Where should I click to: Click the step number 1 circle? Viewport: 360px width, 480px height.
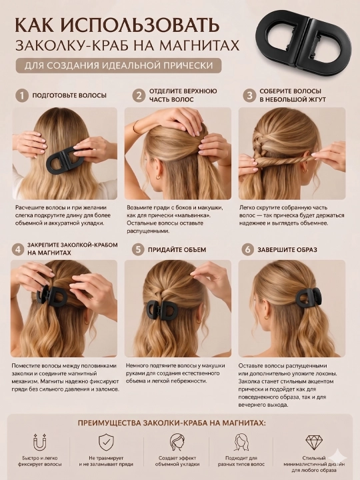click(x=22, y=95)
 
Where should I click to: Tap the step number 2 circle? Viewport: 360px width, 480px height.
click(x=139, y=95)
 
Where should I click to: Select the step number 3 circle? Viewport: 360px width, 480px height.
click(x=249, y=95)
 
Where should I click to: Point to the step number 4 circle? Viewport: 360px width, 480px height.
click(x=18, y=249)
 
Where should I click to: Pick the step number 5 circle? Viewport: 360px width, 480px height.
click(x=138, y=249)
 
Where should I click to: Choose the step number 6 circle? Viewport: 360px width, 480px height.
click(x=247, y=249)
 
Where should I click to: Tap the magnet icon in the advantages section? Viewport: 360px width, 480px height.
click(x=40, y=442)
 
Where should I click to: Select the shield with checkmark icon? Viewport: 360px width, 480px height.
click(x=106, y=442)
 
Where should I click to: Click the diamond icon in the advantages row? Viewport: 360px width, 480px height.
click(x=315, y=442)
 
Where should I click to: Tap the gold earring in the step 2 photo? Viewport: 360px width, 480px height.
click(x=158, y=177)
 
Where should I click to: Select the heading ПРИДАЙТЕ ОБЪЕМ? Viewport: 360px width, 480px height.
click(x=177, y=250)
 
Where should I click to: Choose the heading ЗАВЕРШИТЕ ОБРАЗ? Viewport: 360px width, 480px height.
click(x=287, y=250)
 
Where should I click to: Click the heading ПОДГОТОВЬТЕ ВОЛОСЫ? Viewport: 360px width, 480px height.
click(x=69, y=95)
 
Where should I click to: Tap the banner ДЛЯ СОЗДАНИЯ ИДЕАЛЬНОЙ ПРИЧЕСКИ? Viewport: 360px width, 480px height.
click(x=119, y=65)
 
